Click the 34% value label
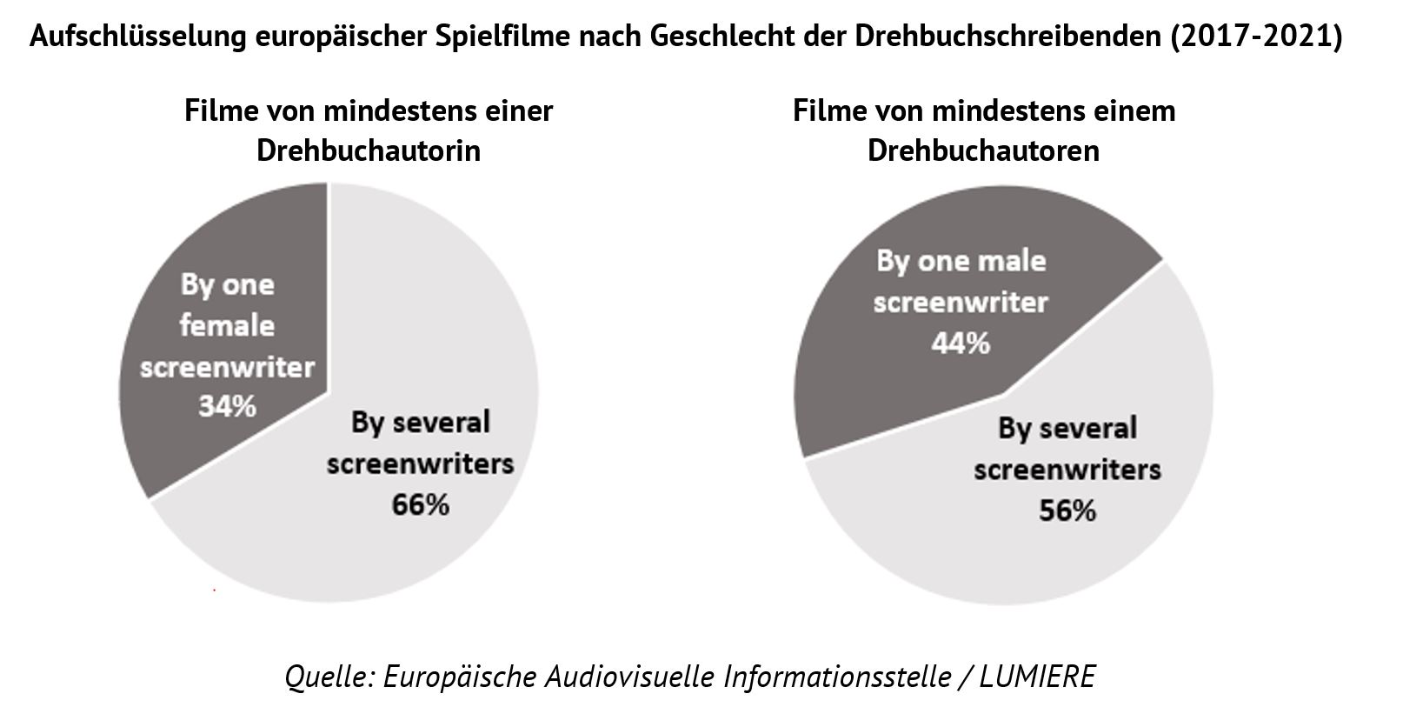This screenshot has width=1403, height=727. pyautogui.click(x=227, y=406)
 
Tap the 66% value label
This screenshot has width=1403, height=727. pyautogui.click(x=420, y=504)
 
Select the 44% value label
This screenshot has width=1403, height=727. pyautogui.click(x=961, y=343)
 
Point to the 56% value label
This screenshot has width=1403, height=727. pyautogui.click(x=1067, y=510)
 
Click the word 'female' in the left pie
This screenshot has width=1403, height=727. pyautogui.click(x=227, y=326)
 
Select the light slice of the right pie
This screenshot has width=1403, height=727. pyautogui.click(x=1087, y=557)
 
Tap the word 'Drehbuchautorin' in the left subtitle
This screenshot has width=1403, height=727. pyautogui.click(x=369, y=150)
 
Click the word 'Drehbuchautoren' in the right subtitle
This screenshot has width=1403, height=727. pyautogui.click(x=983, y=150)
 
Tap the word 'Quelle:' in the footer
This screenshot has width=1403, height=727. pyautogui.click(x=329, y=677)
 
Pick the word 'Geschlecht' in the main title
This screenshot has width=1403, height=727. pyautogui.click(x=765, y=37)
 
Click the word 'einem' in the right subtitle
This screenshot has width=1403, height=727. pyautogui.click(x=1136, y=111)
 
